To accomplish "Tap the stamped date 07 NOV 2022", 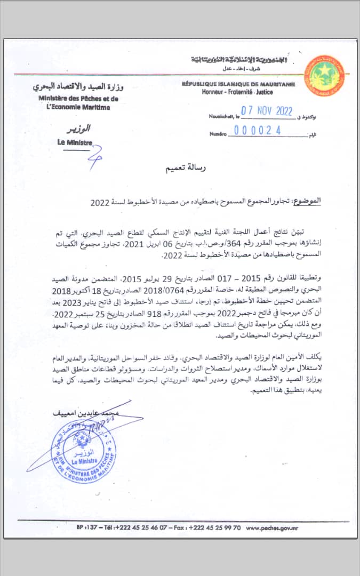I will tap(267, 111).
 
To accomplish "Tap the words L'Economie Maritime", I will tap(78, 107).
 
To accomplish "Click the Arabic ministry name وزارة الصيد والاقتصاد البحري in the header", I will tap(78, 86).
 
